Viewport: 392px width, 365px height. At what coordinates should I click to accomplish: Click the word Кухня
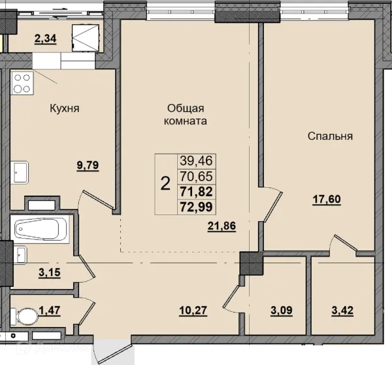[65, 109]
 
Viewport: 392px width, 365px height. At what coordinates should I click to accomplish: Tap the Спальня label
[330, 137]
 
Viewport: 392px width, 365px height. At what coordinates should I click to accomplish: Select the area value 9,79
[88, 165]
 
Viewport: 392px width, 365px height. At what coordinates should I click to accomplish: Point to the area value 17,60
[327, 200]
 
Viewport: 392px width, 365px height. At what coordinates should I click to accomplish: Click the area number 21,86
[221, 226]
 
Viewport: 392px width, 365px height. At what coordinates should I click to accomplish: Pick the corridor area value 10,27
[193, 311]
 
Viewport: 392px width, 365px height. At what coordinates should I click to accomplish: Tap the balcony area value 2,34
[45, 39]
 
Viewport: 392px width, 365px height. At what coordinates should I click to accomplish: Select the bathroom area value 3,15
[50, 272]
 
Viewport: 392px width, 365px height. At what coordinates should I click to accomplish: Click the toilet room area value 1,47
[50, 311]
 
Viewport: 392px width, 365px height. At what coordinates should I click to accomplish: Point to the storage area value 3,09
[281, 311]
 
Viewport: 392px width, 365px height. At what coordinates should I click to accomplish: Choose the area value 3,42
[342, 311]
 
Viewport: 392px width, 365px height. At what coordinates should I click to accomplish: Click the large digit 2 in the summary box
[165, 184]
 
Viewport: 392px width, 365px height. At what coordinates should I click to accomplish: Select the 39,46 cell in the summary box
[196, 161]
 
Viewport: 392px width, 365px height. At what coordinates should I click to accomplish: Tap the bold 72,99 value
[196, 207]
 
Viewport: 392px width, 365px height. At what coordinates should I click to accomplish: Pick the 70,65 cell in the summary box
[196, 176]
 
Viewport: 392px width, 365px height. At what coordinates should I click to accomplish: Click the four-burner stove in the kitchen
[22, 83]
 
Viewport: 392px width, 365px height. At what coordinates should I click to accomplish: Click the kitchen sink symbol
[19, 172]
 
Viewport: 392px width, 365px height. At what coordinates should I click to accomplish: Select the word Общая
[186, 109]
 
